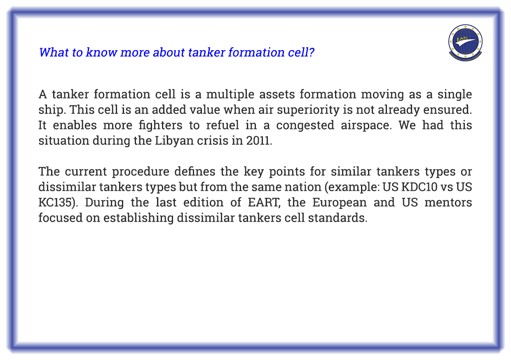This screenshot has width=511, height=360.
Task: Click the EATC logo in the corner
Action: point(465,43)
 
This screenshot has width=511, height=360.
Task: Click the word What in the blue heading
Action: point(54,52)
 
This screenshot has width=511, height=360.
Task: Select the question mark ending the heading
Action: point(311,52)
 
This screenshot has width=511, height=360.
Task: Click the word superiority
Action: point(308,110)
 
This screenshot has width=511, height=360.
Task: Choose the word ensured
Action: point(448,110)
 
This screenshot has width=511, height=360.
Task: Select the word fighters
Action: point(160,126)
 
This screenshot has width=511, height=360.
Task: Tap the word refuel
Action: point(223,125)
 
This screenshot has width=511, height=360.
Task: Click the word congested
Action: point(305,126)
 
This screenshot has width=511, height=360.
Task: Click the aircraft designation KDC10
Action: point(419,187)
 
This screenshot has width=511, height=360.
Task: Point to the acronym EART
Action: point(264,203)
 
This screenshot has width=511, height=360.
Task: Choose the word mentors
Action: point(448,203)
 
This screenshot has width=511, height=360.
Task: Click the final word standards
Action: point(338,218)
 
